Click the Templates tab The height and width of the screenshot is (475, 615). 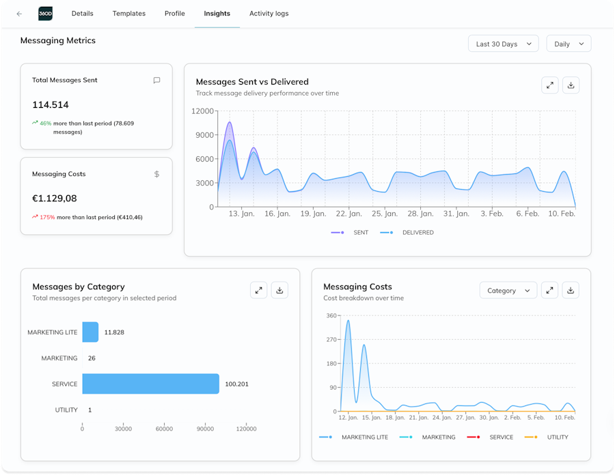point(128,14)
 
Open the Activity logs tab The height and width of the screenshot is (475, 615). point(269,14)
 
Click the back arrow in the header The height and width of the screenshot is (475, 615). point(19,14)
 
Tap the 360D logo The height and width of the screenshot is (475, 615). point(46,14)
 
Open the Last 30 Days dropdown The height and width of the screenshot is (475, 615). point(503,44)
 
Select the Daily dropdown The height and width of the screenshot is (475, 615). point(569,44)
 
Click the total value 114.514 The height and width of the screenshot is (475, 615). point(50,104)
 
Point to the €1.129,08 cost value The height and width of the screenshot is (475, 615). point(54,198)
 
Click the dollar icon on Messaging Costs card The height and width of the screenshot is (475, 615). point(156,174)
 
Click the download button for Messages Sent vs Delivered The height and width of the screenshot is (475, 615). point(571,85)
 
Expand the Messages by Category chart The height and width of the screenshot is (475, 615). point(258,290)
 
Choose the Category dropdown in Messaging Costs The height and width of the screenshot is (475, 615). point(508,290)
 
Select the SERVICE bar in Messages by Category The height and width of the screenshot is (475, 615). point(150,384)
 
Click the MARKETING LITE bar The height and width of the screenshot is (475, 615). point(90,332)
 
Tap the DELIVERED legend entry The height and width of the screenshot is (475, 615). point(407,233)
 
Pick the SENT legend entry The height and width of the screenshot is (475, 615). point(349,233)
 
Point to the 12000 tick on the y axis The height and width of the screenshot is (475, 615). point(202,111)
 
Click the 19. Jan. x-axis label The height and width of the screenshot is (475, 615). point(313,214)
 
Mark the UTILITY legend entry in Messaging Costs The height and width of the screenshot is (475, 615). point(547,437)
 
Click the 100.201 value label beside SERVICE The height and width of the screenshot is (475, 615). point(236,384)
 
